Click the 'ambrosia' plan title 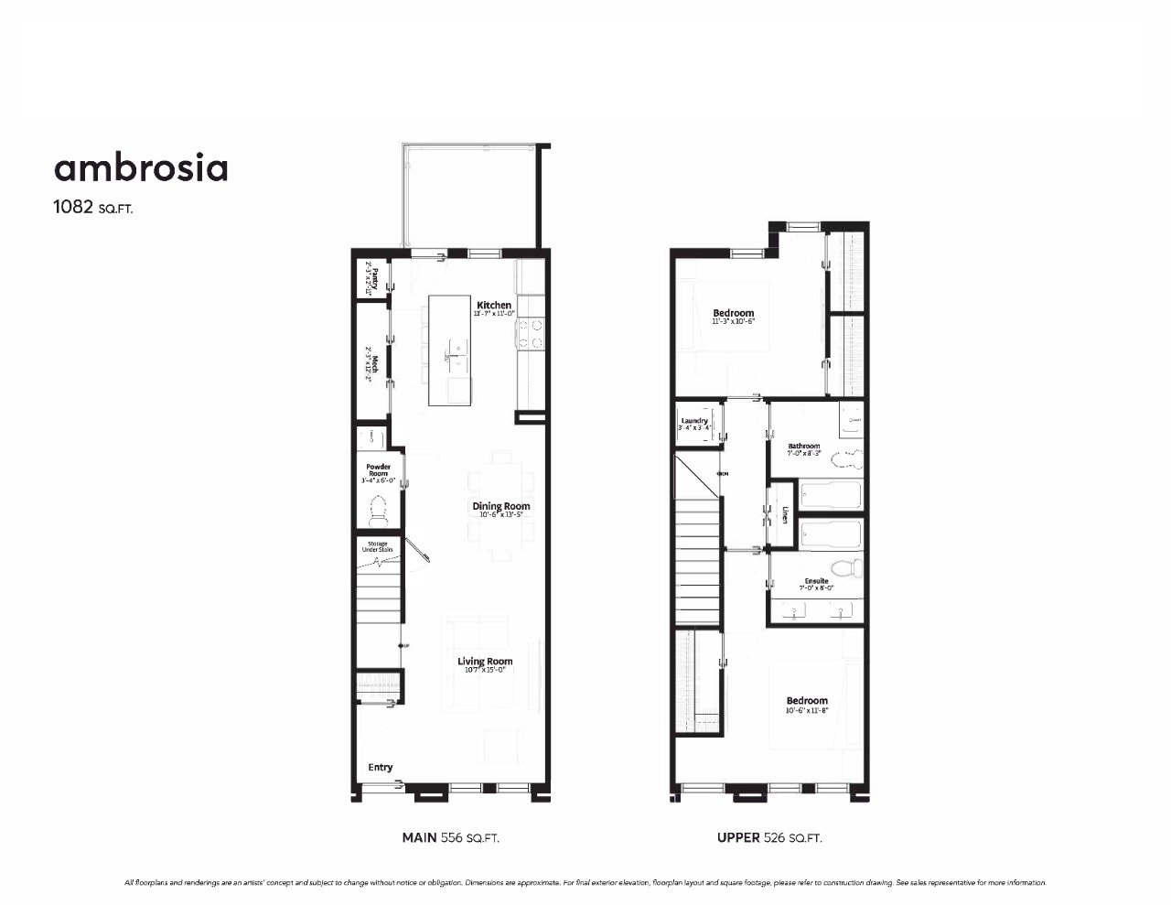click(141, 168)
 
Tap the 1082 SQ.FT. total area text click(93, 207)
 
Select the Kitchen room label click(494, 306)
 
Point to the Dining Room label click(500, 506)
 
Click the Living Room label click(485, 662)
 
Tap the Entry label click(381, 767)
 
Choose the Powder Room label click(378, 470)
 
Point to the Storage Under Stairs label click(376, 546)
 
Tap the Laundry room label click(694, 421)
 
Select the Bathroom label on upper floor click(804, 447)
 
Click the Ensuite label click(816, 581)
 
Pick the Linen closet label click(784, 515)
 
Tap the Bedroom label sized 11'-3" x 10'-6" click(733, 314)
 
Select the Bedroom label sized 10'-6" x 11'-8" click(806, 701)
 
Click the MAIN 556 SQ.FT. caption click(450, 837)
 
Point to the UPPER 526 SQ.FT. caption click(768, 837)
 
